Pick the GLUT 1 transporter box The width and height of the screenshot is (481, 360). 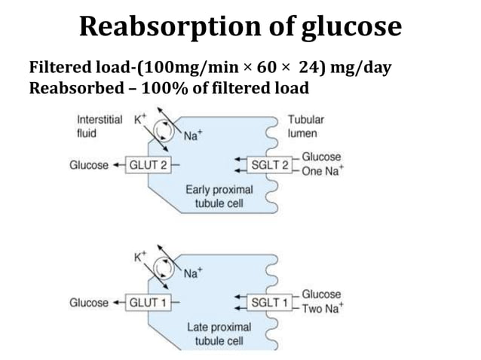(149, 302)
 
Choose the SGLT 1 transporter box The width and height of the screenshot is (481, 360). (269, 302)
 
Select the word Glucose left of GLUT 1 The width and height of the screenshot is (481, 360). (89, 302)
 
